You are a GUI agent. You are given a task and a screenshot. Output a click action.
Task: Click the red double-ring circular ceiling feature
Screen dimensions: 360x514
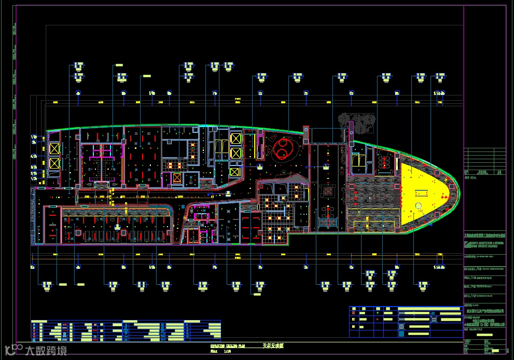point(283,149)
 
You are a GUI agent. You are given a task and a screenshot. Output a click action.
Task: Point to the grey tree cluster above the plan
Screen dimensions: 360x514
point(358,122)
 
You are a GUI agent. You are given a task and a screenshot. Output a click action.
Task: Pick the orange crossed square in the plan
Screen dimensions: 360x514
point(177,178)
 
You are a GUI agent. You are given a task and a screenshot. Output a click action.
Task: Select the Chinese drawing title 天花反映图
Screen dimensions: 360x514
point(273,345)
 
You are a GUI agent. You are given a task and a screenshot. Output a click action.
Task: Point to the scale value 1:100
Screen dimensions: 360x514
point(227,351)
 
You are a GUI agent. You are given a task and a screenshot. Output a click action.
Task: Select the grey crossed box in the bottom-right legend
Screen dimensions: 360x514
point(354,309)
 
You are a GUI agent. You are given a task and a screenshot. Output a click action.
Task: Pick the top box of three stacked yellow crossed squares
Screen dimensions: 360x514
point(235,139)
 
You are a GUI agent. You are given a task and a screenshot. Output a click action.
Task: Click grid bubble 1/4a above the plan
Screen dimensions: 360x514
point(439,93)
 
